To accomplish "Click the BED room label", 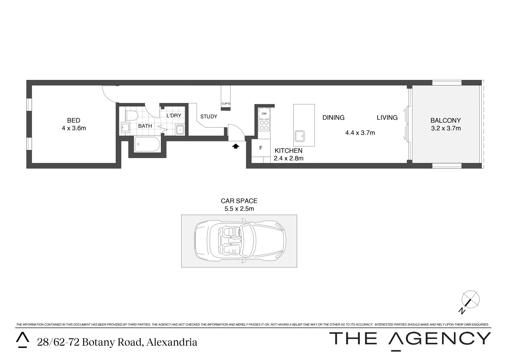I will [x=74, y=120].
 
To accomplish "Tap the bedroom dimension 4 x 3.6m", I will [x=74, y=128].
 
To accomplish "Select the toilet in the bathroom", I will [x=132, y=115].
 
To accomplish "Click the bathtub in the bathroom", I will [x=147, y=144].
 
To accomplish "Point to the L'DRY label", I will [x=174, y=115].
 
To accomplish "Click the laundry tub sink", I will [x=180, y=129].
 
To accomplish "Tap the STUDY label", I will [x=209, y=117].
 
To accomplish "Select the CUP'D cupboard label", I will [x=226, y=104].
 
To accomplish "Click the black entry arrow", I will [x=236, y=146].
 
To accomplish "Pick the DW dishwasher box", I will [x=264, y=114].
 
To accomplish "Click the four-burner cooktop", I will [x=264, y=125].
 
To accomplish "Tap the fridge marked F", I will [x=260, y=148].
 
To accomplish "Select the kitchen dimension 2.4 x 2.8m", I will [x=288, y=159].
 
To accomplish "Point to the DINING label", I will [x=333, y=117].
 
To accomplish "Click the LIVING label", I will [x=387, y=117].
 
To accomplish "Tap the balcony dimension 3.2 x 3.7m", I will [x=446, y=128].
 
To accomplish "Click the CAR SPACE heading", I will [x=239, y=201].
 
